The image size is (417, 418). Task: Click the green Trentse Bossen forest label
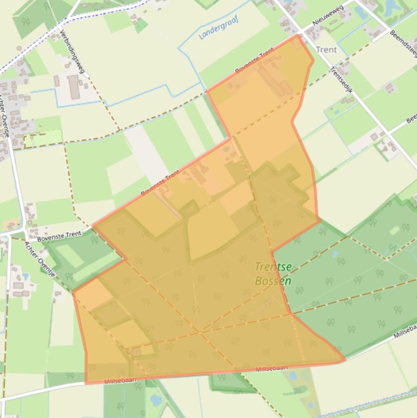[273, 274]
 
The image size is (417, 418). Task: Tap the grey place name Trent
[326, 49]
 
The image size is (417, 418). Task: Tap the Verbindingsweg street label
[73, 52]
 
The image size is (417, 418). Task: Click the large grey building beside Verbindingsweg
[74, 87]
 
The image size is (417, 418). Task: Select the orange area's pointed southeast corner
[344, 359]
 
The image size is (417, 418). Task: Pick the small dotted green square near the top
[140, 26]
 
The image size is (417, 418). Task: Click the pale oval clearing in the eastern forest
[394, 230]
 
